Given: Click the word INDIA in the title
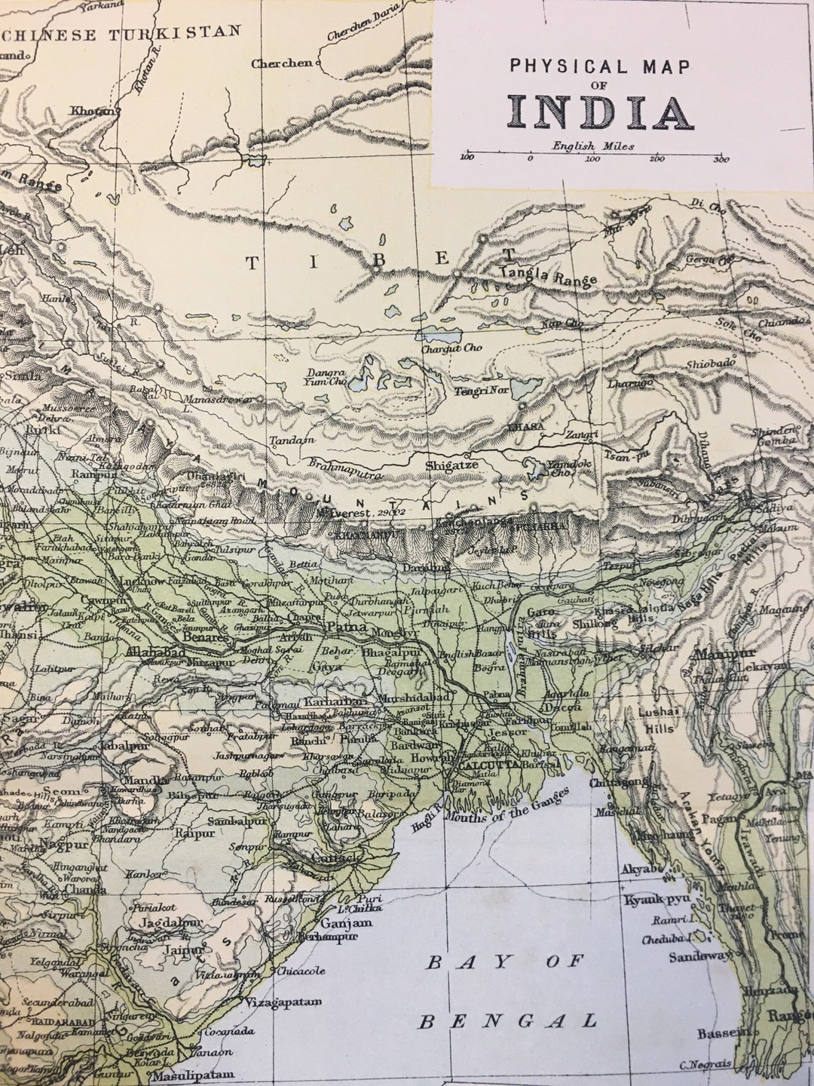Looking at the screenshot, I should (600, 112).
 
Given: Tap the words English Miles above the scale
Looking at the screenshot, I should (592, 146).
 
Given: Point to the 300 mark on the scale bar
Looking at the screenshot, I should (721, 158).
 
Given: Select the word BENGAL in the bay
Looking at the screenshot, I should (507, 1021).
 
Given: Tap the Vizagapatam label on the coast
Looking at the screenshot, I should (283, 1002).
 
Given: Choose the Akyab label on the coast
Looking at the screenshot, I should (641, 869).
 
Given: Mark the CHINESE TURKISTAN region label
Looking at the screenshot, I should (122, 35).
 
